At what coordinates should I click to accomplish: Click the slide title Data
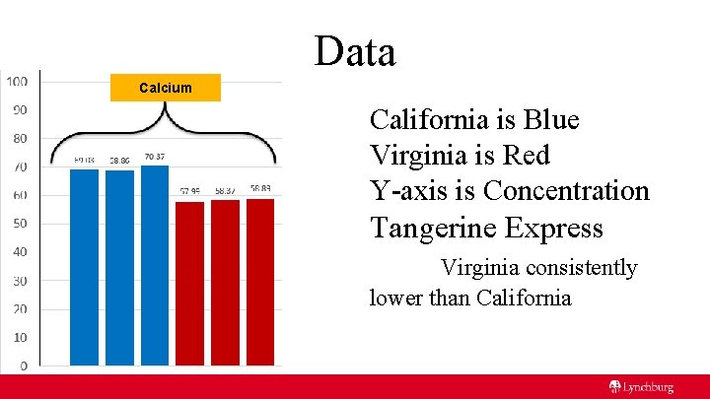coord(355,51)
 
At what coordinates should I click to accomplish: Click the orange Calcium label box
coord(166,88)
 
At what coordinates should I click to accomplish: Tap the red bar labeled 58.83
coord(260,282)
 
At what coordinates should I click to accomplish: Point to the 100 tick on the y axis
coord(17,81)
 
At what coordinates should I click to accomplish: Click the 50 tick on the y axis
coord(19,224)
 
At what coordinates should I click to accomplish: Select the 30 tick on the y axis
coord(19,281)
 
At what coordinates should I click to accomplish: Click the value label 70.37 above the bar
coord(155,157)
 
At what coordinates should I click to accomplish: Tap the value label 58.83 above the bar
coord(260,189)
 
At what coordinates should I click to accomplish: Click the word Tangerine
coord(434,228)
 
